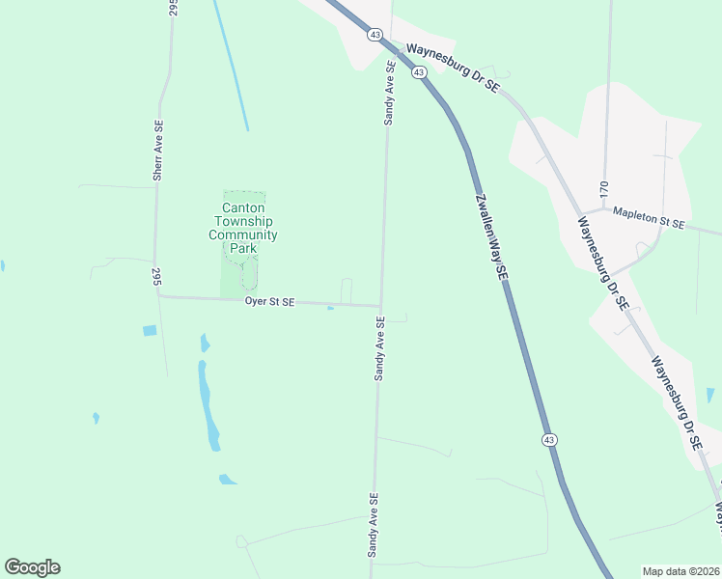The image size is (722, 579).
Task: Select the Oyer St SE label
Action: pos(269,302)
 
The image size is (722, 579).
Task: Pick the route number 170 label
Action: pos(604,188)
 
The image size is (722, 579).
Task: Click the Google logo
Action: pos(32,567)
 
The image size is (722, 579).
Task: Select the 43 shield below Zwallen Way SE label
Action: pos(548,439)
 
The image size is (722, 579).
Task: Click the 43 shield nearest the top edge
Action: pos(375,34)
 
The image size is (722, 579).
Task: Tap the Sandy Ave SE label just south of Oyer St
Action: pos(380,348)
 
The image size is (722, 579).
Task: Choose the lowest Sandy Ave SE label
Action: pos(371,525)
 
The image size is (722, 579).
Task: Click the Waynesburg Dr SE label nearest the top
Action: pos(452,68)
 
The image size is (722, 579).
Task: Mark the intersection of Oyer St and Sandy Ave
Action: pos(380,306)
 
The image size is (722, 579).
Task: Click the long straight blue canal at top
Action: pos(231,68)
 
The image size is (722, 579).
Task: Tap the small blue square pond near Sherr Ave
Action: pos(150,331)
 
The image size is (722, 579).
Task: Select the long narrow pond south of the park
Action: pos(207,405)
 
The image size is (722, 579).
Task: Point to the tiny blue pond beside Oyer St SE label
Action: pos(331,309)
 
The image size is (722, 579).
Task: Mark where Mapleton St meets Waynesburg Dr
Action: pos(583,211)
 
